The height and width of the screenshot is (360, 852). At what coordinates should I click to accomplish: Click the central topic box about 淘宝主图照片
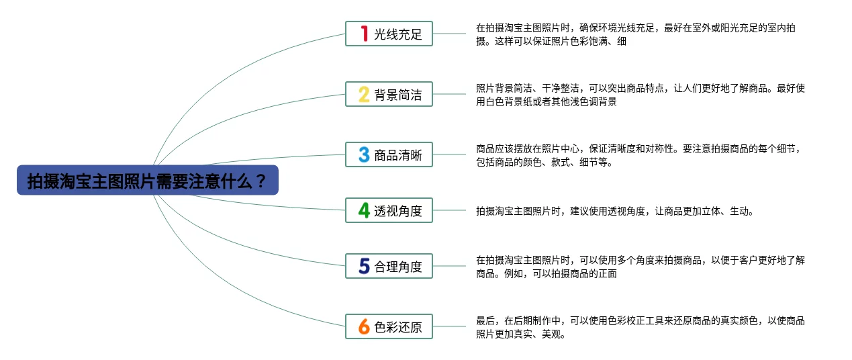148,180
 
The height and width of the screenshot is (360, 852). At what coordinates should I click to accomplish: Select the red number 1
365,34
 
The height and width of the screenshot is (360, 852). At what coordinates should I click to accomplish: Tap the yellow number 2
364,94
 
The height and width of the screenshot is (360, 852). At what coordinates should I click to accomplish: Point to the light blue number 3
364,154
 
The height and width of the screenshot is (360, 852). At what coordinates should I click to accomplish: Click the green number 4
364,210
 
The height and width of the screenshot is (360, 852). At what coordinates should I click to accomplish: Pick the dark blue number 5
364,266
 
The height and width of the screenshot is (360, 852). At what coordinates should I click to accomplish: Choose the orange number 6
364,326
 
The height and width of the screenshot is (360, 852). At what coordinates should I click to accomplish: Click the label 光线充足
398,34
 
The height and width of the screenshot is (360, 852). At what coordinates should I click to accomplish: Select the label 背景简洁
398,95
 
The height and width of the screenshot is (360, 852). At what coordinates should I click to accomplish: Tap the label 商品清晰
398,155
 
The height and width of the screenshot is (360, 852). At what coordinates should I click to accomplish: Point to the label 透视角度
398,211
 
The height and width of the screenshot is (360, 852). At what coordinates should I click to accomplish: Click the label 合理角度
398,267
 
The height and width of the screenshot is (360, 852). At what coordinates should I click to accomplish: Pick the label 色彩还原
398,327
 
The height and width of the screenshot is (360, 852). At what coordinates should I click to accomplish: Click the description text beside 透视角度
614,211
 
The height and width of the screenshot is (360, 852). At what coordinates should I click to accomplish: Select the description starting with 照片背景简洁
641,95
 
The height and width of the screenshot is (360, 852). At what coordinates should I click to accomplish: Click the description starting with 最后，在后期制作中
641,327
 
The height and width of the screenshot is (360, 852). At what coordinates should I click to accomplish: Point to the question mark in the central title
261,181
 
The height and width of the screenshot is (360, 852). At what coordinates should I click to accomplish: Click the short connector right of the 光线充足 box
449,34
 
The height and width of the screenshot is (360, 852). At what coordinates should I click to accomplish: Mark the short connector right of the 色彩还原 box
449,326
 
